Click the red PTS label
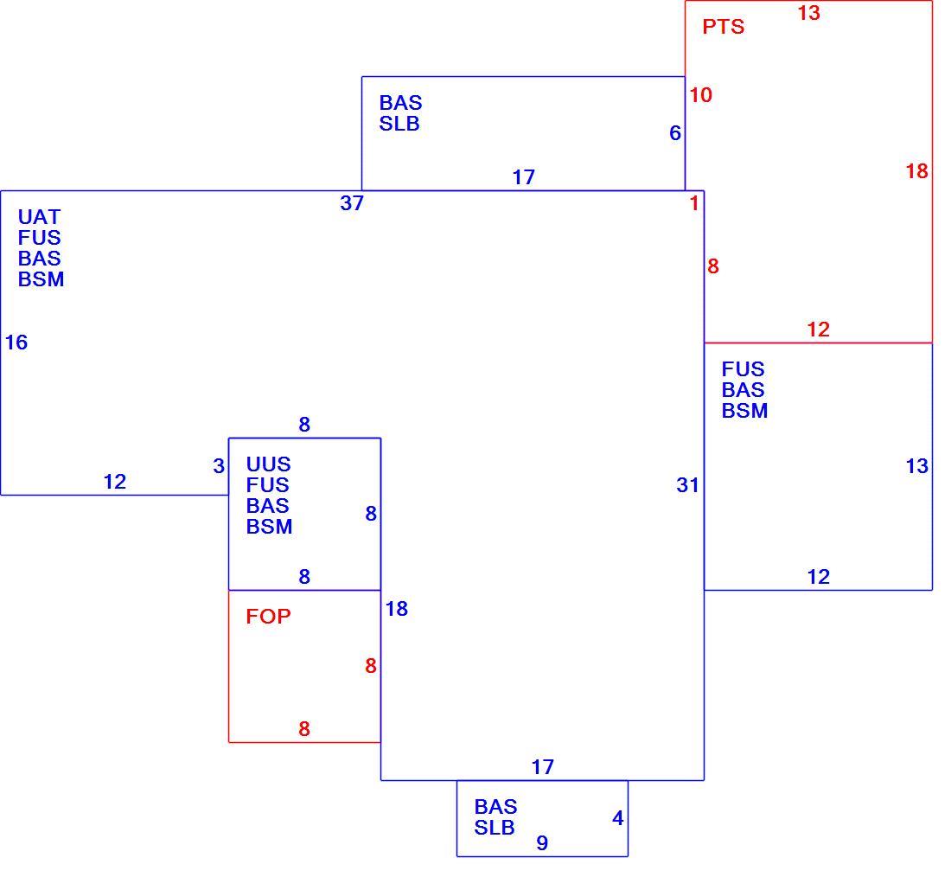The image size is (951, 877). point(723,27)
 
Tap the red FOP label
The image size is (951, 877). point(268,617)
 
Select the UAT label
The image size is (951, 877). point(40,217)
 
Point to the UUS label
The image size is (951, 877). point(268,464)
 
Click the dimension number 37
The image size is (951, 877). point(352,203)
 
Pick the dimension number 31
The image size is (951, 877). point(688,485)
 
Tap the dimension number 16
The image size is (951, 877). point(16,342)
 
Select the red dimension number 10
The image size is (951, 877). point(700,94)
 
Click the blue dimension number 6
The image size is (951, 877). point(675,133)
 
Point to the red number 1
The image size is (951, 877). point(694,203)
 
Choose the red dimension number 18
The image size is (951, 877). point(917,171)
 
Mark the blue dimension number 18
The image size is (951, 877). point(397,609)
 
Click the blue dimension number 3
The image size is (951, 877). point(219,466)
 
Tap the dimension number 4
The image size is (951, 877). point(618,818)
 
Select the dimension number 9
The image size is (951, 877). point(542,842)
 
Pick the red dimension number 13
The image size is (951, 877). point(809,13)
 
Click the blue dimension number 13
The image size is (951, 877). point(917,466)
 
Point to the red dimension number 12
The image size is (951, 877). point(818,330)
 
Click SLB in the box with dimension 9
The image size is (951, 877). point(495,827)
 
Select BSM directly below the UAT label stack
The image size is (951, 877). point(41,279)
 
